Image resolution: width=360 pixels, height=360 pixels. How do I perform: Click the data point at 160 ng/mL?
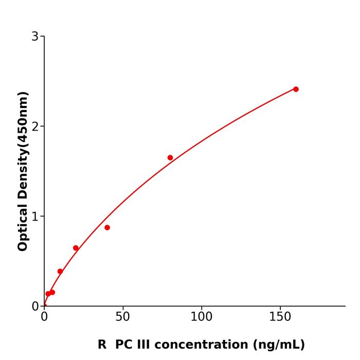pos(296,89)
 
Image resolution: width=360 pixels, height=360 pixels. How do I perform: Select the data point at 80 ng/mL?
pos(170,157)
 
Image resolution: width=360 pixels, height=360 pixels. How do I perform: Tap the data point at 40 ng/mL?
pos(107,227)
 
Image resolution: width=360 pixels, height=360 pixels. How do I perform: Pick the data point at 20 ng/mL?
pos(76,248)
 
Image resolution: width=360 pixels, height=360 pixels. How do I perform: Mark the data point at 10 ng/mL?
pos(60,271)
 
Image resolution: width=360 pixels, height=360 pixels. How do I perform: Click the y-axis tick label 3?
pos(35,36)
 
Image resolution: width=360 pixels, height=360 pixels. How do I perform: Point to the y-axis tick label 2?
pos(35,126)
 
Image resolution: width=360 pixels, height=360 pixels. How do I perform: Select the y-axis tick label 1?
pos(35,216)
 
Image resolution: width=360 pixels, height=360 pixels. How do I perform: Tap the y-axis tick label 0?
pos(35,306)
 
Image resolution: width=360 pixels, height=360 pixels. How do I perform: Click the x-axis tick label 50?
pos(122,317)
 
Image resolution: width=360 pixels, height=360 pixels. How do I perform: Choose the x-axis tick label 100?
pos(201,317)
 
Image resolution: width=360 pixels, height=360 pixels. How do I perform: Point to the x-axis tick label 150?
pos(280,317)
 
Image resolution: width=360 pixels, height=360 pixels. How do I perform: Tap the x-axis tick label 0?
pos(44,317)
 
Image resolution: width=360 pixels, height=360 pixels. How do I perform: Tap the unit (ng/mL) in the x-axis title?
pos(278,345)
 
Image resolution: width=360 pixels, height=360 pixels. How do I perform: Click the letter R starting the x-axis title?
pos(102,345)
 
